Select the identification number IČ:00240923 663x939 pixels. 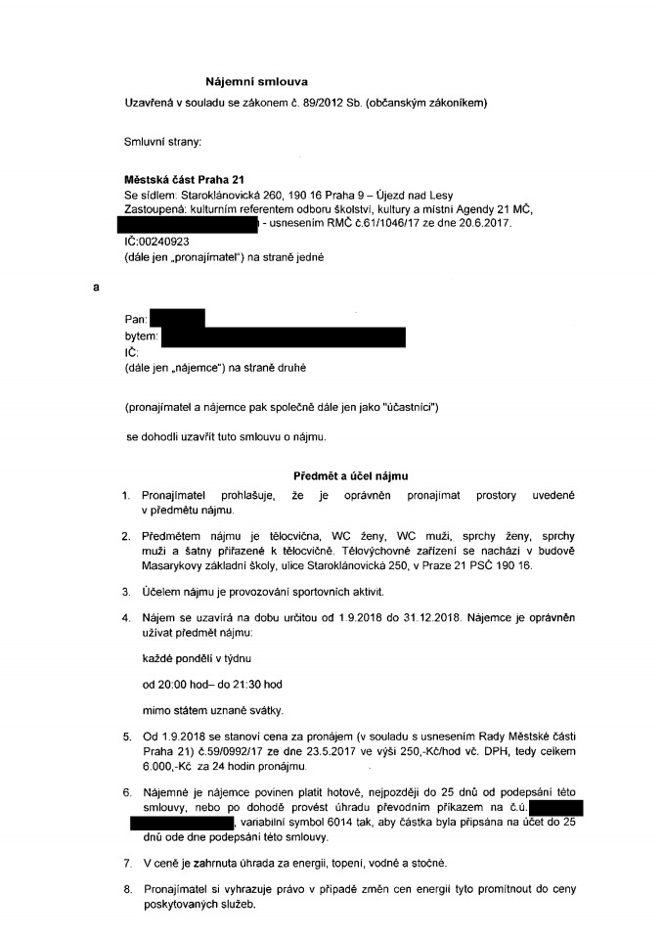157,241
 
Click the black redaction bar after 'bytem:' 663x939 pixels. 284,335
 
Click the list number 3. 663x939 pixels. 127,592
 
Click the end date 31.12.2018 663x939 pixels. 446,618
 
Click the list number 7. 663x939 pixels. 127,865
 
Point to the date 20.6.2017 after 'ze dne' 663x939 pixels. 484,225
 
